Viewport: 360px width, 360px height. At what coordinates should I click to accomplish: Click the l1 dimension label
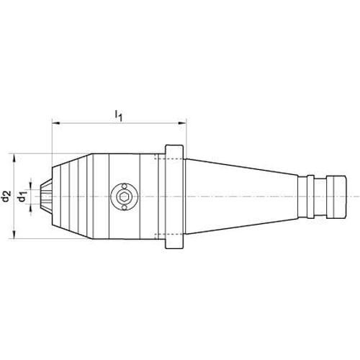coord(118,115)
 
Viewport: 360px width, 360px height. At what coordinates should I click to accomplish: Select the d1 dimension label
coord(22,197)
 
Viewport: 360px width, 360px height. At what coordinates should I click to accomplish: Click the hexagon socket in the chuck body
coord(124,197)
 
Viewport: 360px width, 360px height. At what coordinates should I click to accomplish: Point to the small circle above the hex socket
coord(125,186)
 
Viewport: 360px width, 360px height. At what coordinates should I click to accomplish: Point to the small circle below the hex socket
coord(124,207)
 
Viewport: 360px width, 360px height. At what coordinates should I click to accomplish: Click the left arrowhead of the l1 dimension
coord(56,123)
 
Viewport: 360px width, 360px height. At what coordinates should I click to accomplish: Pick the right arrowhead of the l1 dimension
coord(182,123)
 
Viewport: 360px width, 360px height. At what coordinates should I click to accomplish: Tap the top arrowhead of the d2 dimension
coord(14,158)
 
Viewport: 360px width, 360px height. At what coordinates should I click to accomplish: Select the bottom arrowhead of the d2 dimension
coord(14,235)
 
